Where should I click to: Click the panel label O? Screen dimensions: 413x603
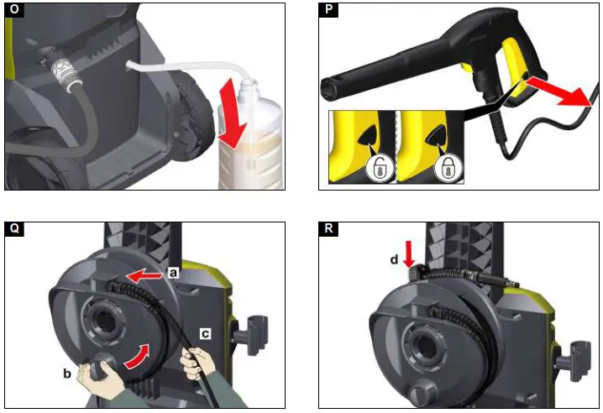click(13, 11)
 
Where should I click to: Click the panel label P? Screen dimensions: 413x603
click(328, 11)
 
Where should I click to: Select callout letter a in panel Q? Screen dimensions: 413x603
click(171, 273)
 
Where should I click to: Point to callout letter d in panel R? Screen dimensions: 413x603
click(394, 260)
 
